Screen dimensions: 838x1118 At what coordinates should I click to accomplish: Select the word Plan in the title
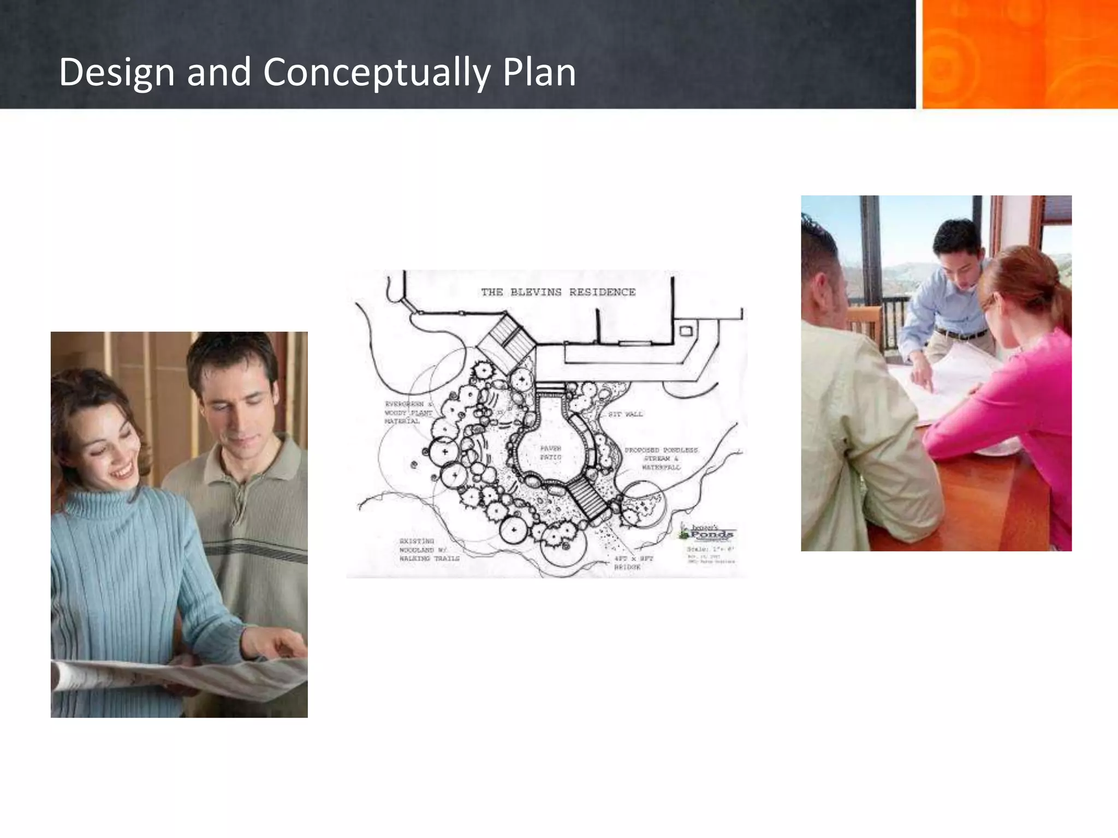539,73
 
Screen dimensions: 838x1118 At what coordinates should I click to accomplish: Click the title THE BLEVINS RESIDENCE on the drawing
558,292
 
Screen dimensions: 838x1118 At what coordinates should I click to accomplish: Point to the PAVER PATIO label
550,453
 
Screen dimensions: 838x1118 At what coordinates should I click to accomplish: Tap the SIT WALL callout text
625,414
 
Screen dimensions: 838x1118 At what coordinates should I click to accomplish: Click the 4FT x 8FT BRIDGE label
633,563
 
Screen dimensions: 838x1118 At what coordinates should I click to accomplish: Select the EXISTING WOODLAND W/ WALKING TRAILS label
429,550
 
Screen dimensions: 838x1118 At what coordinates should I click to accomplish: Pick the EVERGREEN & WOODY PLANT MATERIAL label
408,413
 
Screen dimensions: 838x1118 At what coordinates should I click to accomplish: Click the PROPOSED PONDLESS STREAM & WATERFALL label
661,459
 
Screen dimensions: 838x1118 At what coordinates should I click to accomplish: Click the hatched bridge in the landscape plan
588,499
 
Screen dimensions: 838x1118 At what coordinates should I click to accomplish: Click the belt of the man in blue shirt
962,333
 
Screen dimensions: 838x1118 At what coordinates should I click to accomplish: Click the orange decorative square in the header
1020,54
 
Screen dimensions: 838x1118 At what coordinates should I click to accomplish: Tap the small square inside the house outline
686,331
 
